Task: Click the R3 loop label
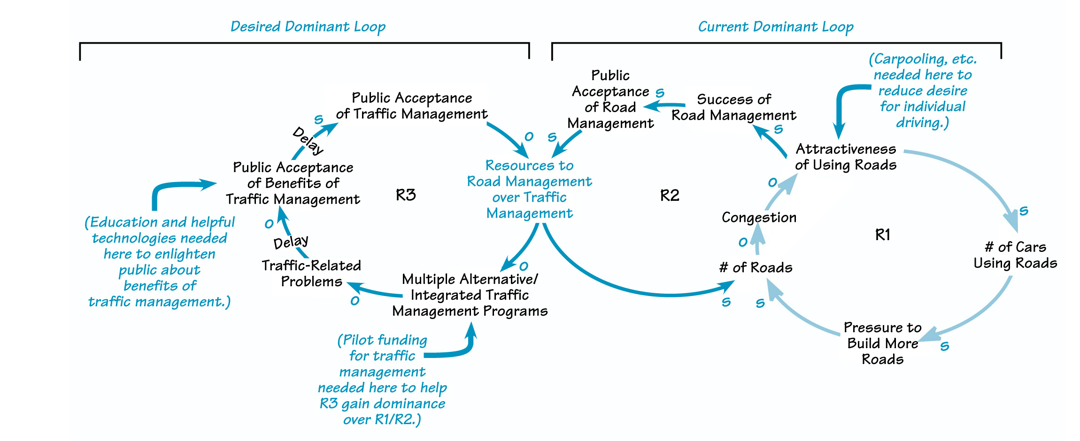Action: [406, 195]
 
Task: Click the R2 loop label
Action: [670, 195]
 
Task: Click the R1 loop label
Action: [882, 235]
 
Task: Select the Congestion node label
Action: [759, 218]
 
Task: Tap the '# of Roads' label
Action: [756, 267]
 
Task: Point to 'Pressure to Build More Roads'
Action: [882, 343]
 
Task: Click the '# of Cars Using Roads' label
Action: [1015, 255]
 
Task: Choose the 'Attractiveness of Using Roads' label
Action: [846, 157]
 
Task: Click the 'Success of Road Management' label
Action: [733, 107]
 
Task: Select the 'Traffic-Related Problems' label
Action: [311, 273]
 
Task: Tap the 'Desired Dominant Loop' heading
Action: [308, 27]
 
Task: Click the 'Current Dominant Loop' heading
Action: [775, 27]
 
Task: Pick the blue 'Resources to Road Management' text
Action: [529, 189]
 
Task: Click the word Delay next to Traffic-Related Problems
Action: [291, 242]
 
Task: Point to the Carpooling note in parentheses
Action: [922, 91]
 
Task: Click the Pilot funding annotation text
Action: [382, 379]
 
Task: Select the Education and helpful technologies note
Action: [159, 261]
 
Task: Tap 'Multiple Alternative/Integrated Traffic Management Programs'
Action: [470, 295]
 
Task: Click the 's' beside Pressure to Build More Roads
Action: [945, 346]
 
